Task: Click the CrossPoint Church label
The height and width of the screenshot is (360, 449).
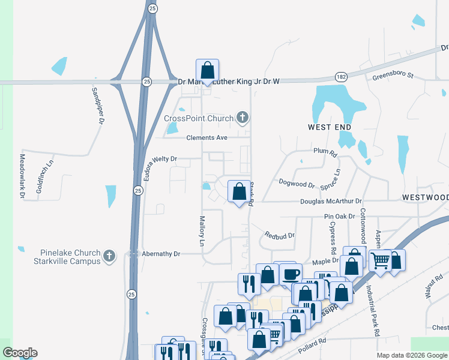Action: coord(198,118)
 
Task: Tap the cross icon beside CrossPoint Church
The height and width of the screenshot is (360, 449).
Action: coord(243,117)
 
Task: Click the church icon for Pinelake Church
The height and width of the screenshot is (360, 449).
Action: coord(109,256)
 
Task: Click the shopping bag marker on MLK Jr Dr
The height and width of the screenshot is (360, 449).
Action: coord(208,70)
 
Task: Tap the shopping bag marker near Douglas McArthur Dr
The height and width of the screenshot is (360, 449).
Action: coord(240,192)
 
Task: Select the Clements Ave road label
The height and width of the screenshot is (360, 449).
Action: coord(206,138)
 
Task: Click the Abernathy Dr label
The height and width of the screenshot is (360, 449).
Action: coord(160,254)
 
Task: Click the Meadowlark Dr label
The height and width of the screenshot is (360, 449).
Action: coord(22,176)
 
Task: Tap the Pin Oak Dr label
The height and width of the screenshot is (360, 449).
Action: coord(336,216)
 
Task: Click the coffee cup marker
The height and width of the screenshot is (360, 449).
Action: coord(291,275)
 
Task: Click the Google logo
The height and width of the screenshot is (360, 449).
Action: coord(20,353)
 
